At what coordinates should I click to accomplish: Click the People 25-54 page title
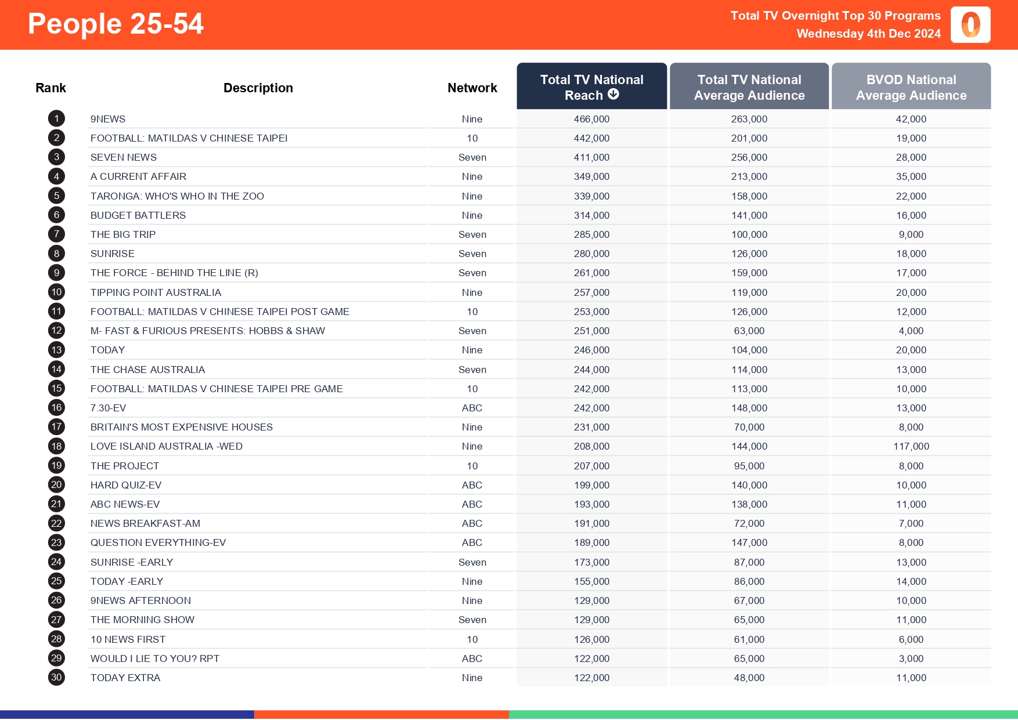[x=115, y=24]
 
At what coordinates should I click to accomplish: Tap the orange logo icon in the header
[x=970, y=25]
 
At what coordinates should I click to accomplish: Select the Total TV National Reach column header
[x=591, y=87]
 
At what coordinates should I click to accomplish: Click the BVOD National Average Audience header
[x=911, y=87]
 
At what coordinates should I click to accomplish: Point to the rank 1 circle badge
[x=56, y=119]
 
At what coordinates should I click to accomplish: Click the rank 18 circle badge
[x=56, y=446]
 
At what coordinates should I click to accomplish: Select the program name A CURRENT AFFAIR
[x=138, y=176]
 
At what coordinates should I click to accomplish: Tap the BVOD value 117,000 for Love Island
[x=911, y=446]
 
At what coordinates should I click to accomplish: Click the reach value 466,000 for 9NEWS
[x=591, y=119]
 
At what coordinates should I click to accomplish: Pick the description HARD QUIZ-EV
[x=126, y=485]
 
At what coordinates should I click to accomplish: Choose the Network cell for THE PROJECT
[x=472, y=466]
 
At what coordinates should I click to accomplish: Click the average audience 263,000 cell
[x=749, y=119]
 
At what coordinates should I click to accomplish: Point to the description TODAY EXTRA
[x=125, y=678]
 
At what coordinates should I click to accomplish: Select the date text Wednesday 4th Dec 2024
[x=868, y=34]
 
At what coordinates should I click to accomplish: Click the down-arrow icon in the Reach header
[x=613, y=94]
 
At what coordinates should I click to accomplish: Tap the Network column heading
[x=472, y=88]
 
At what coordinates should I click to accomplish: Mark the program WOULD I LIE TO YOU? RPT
[x=155, y=659]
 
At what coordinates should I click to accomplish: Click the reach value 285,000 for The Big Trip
[x=591, y=234]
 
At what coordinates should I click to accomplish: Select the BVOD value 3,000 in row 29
[x=911, y=659]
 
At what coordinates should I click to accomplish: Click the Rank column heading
[x=50, y=88]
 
